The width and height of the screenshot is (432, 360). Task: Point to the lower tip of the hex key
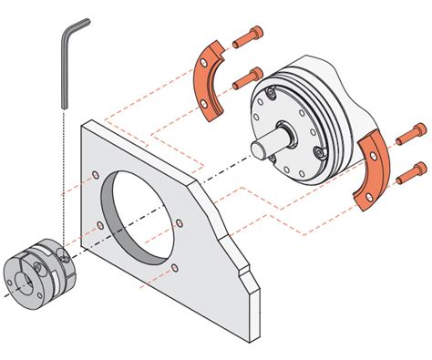[x=64, y=106]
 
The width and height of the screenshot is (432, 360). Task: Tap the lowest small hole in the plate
[x=174, y=268]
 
